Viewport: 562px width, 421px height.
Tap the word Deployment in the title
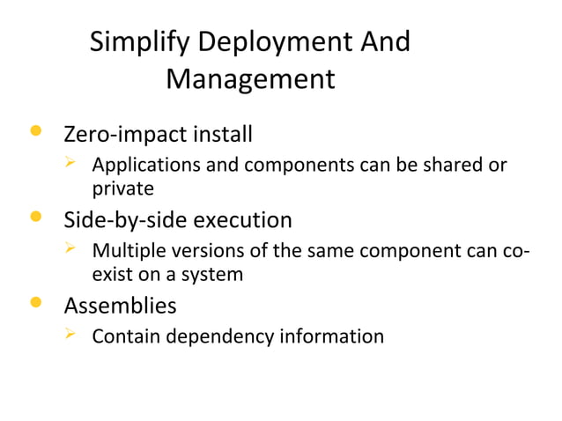[x=271, y=43]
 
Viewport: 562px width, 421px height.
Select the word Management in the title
[x=250, y=80]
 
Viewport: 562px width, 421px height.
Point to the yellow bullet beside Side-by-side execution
[x=35, y=218]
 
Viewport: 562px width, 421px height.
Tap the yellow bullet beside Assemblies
[x=35, y=304]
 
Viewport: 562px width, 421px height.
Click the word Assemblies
[x=120, y=307]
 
